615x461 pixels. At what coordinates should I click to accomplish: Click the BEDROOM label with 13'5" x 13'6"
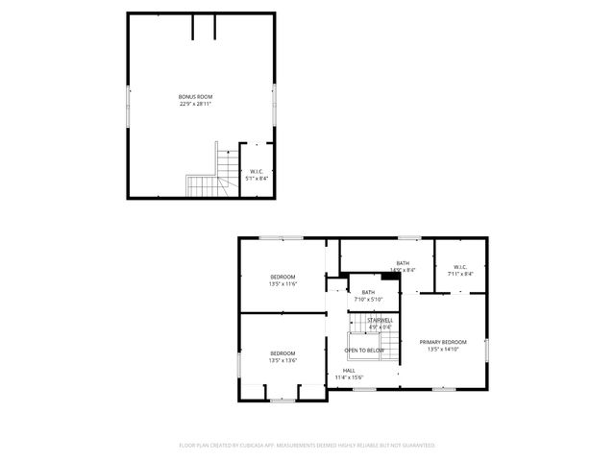coord(283,352)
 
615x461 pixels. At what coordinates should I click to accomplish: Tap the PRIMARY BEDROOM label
coord(443,342)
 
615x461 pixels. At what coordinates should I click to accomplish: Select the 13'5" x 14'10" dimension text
coord(443,350)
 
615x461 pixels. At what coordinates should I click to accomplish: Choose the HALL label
coord(349,370)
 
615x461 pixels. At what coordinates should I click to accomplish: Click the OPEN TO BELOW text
coord(365,351)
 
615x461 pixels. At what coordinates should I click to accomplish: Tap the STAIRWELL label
coord(380,319)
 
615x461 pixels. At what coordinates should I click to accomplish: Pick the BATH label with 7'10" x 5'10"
coord(368,292)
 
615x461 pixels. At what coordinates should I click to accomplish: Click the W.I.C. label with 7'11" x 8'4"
coord(459,267)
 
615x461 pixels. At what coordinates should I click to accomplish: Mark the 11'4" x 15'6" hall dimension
coord(349,377)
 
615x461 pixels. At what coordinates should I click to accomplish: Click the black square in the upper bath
coord(388,278)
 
